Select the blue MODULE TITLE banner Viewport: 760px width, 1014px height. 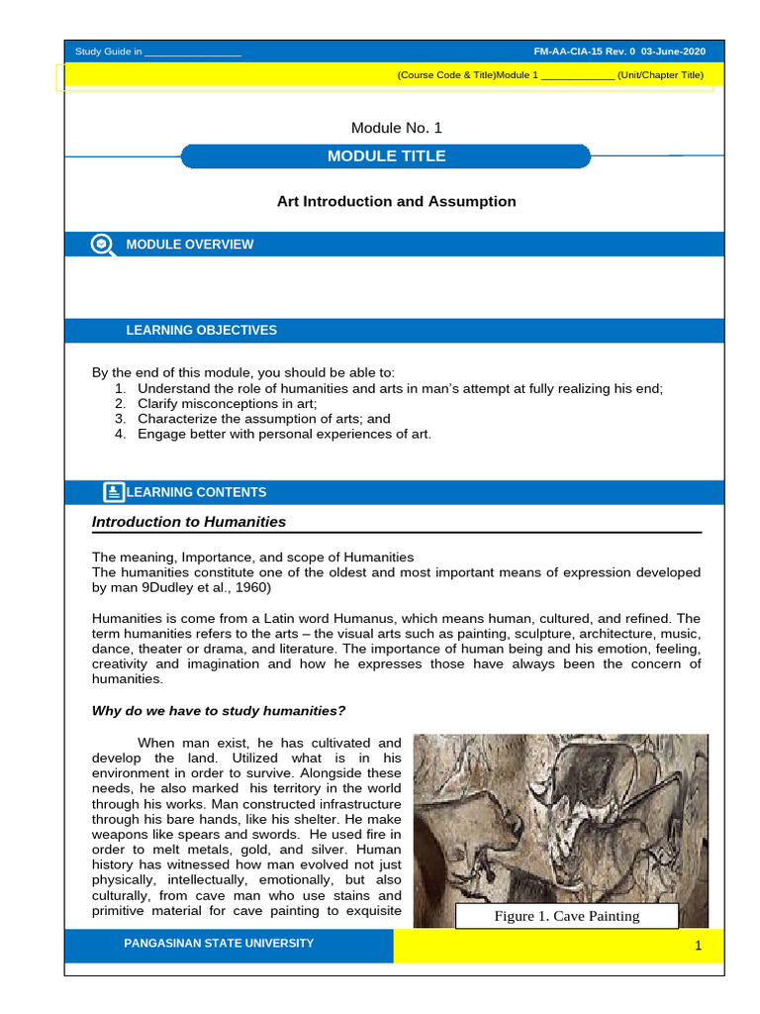(386, 156)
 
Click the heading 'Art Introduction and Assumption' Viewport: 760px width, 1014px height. (396, 201)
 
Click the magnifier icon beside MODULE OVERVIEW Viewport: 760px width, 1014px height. (101, 245)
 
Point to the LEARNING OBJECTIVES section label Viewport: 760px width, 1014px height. (201, 331)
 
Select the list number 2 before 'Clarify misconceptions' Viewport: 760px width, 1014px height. (120, 404)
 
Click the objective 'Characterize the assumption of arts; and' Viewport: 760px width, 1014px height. (250, 419)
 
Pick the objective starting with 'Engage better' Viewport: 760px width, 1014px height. (284, 434)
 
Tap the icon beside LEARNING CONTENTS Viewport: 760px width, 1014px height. (114, 492)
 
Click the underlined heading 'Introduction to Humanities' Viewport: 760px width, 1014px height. (189, 522)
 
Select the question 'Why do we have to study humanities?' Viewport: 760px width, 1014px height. (218, 710)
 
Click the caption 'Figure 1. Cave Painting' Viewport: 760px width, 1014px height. (567, 916)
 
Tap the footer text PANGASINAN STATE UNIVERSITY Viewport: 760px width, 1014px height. (218, 944)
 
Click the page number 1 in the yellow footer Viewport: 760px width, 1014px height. (698, 948)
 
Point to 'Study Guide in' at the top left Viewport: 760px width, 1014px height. (109, 51)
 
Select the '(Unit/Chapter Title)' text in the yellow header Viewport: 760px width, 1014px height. (660, 75)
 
